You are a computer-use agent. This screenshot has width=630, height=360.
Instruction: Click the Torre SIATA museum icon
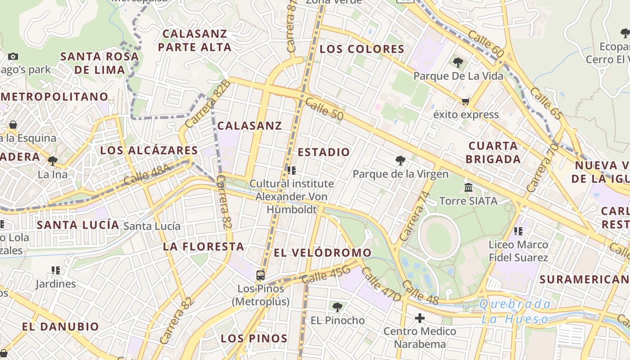tap(468, 187)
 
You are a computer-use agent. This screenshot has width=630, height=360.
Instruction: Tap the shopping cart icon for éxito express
tap(465, 101)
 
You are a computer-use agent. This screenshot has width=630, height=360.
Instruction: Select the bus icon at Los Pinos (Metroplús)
tap(260, 275)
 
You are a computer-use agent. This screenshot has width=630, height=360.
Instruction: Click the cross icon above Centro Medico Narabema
tap(420, 319)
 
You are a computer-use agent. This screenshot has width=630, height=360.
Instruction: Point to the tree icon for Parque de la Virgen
tap(400, 161)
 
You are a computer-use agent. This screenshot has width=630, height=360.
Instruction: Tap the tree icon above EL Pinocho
tap(337, 307)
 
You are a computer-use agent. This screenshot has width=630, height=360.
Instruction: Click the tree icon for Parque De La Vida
tap(458, 63)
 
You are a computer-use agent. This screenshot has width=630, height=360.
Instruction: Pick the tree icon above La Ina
tap(53, 161)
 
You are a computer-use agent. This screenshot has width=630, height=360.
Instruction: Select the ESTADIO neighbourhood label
tap(324, 152)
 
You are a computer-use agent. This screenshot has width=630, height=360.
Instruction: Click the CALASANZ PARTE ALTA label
tap(195, 40)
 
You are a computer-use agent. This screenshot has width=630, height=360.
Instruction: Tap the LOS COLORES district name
tap(362, 49)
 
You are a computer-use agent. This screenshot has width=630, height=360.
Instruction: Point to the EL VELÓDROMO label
tap(322, 253)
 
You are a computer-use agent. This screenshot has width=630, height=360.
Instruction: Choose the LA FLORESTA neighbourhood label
tap(203, 247)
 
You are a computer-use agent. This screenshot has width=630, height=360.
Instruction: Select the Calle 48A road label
tap(147, 175)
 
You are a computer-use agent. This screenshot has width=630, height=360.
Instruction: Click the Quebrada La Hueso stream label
tap(515, 311)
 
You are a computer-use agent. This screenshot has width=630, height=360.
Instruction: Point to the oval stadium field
tap(439, 237)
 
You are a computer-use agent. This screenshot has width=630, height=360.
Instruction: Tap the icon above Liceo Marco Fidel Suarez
tap(518, 231)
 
